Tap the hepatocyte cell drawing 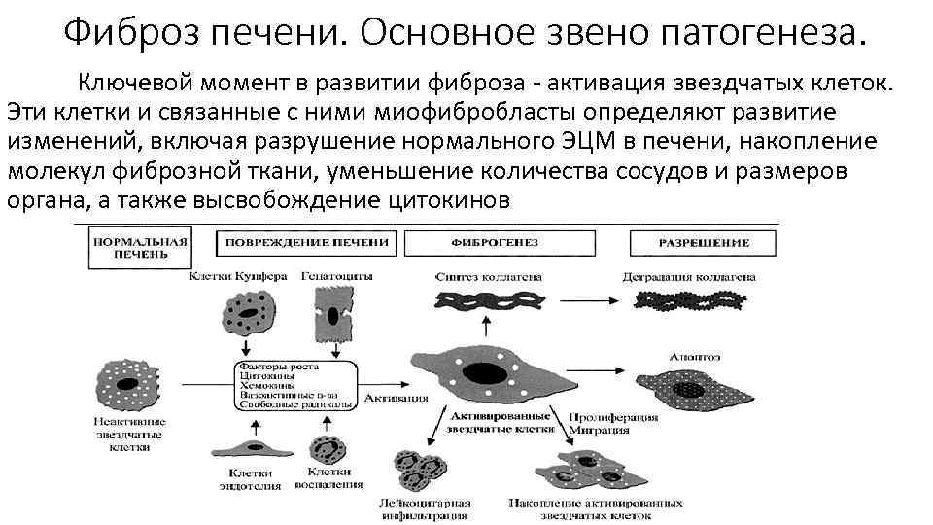pyautogui.click(x=332, y=315)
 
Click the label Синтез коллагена pyautogui.click(x=489, y=277)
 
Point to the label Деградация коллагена pyautogui.click(x=689, y=277)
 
